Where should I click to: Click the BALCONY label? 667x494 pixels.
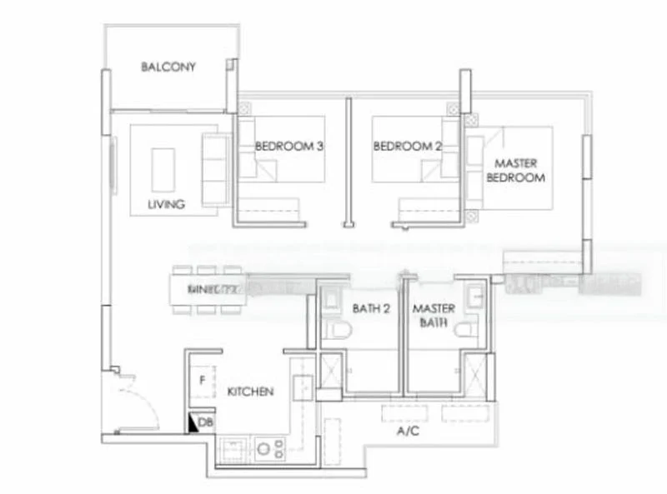pyautogui.click(x=168, y=67)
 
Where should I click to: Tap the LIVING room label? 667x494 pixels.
pyautogui.click(x=166, y=204)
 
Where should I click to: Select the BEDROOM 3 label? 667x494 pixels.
pyautogui.click(x=288, y=146)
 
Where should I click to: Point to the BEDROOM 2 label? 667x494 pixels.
pyautogui.click(x=407, y=146)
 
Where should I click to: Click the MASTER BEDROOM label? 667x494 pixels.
pyautogui.click(x=515, y=170)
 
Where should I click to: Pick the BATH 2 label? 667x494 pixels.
pyautogui.click(x=371, y=308)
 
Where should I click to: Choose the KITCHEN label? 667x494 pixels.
pyautogui.click(x=250, y=392)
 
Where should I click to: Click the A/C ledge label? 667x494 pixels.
pyautogui.click(x=408, y=432)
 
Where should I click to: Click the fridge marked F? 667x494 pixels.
pyautogui.click(x=202, y=382)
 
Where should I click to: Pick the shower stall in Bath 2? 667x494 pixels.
pyautogui.click(x=328, y=372)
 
